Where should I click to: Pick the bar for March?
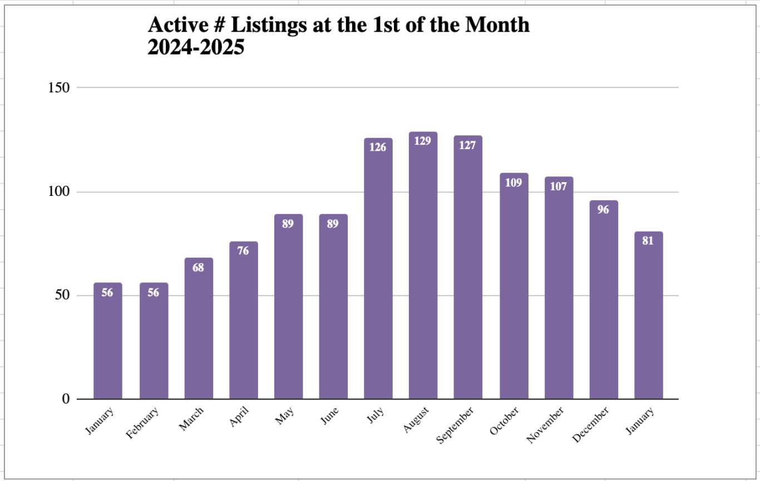point(199,328)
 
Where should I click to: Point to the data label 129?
point(423,141)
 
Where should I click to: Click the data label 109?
point(514,182)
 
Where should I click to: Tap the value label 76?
point(243,251)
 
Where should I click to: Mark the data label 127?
point(468,145)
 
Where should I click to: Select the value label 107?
point(558,186)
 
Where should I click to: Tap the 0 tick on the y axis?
point(66,399)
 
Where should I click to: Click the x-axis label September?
point(456,425)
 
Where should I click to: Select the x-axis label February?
point(142,423)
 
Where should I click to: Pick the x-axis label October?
point(505,421)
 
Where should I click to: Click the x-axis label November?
point(545,425)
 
